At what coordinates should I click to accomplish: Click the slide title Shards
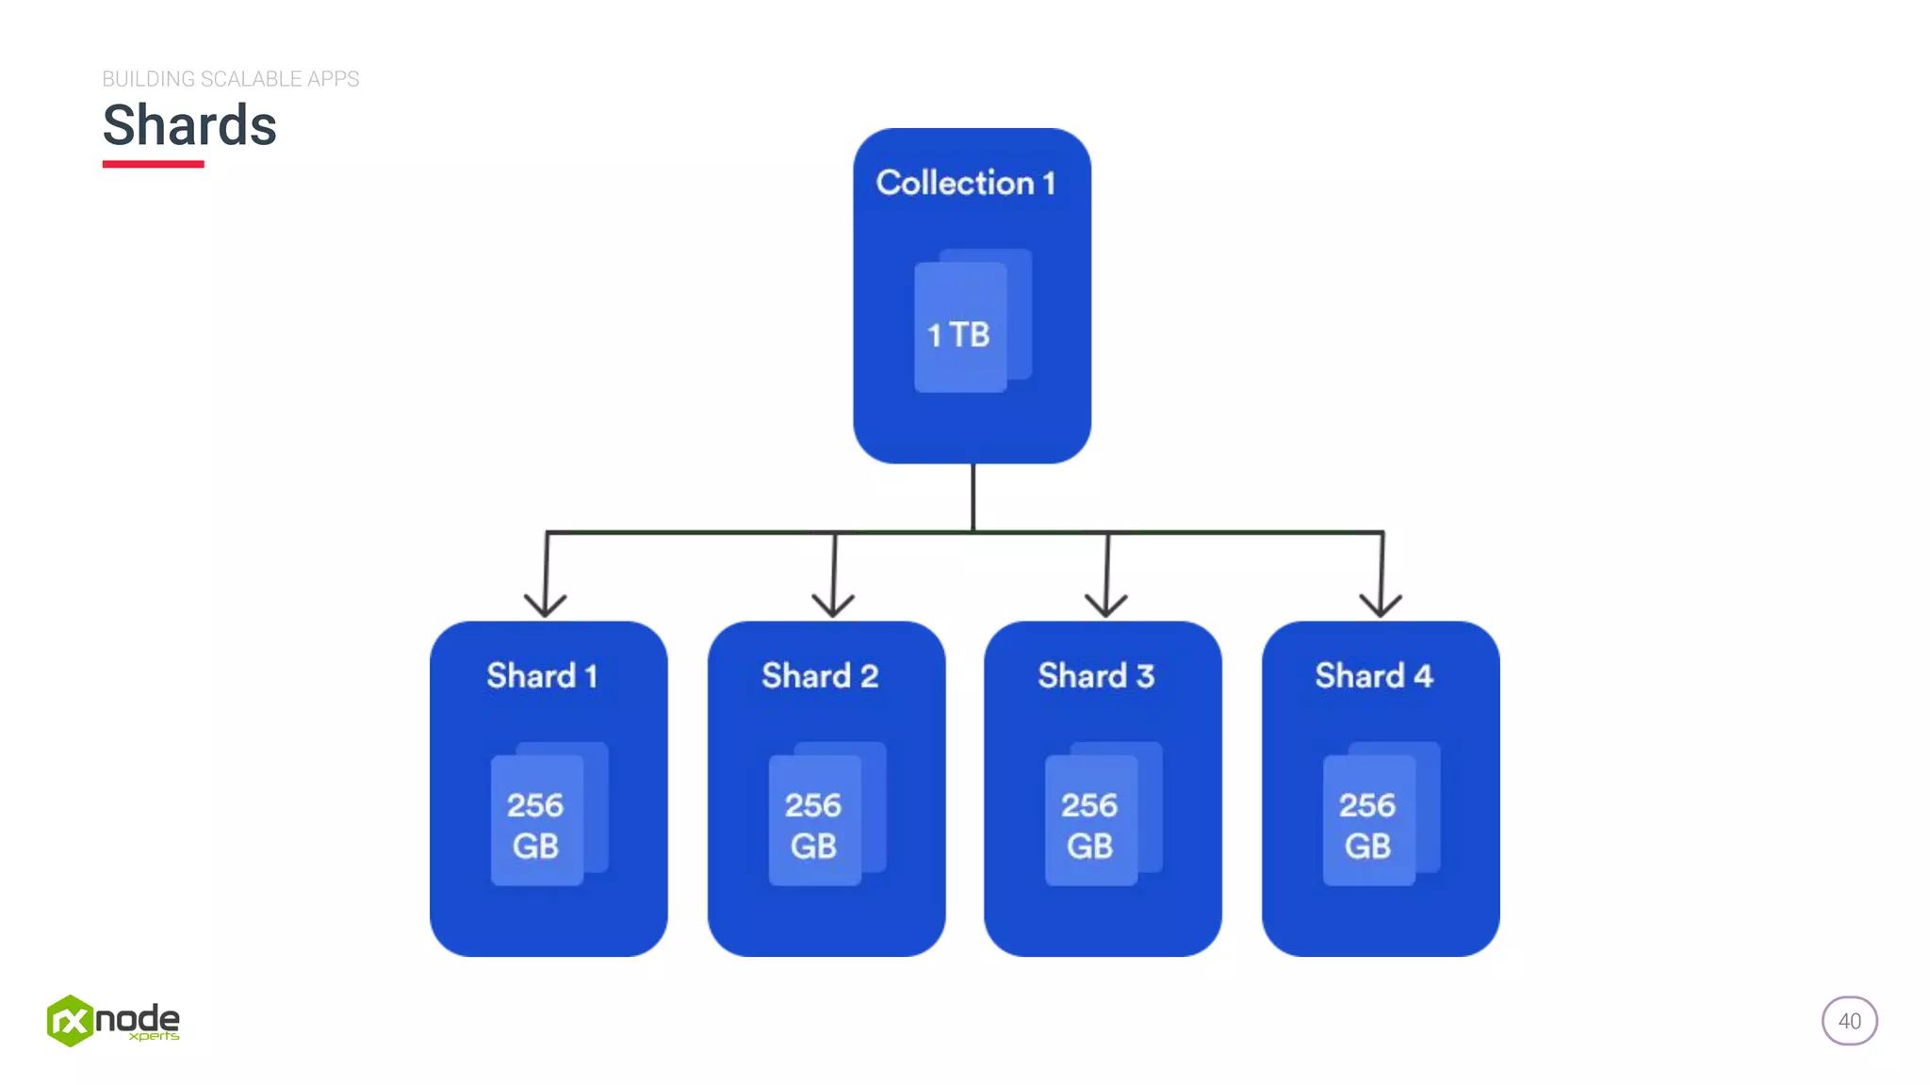click(189, 125)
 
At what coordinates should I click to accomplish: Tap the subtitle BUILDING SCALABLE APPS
click(230, 79)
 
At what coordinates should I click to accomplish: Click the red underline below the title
click(153, 164)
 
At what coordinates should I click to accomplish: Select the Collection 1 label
click(966, 183)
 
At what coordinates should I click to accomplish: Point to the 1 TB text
click(958, 334)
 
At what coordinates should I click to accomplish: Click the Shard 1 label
click(542, 675)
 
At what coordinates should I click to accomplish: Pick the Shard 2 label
click(820, 675)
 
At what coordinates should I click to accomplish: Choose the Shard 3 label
click(1096, 675)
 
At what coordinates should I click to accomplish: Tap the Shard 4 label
click(1374, 675)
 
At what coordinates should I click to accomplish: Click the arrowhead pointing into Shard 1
click(546, 606)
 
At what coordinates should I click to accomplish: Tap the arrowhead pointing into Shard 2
click(833, 606)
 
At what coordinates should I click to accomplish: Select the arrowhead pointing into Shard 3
click(1106, 606)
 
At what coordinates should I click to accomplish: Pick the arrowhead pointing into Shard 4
click(1381, 606)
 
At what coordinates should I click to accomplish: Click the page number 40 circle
click(1849, 1021)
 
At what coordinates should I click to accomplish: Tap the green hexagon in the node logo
click(70, 1021)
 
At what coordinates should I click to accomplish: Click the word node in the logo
click(138, 1018)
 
